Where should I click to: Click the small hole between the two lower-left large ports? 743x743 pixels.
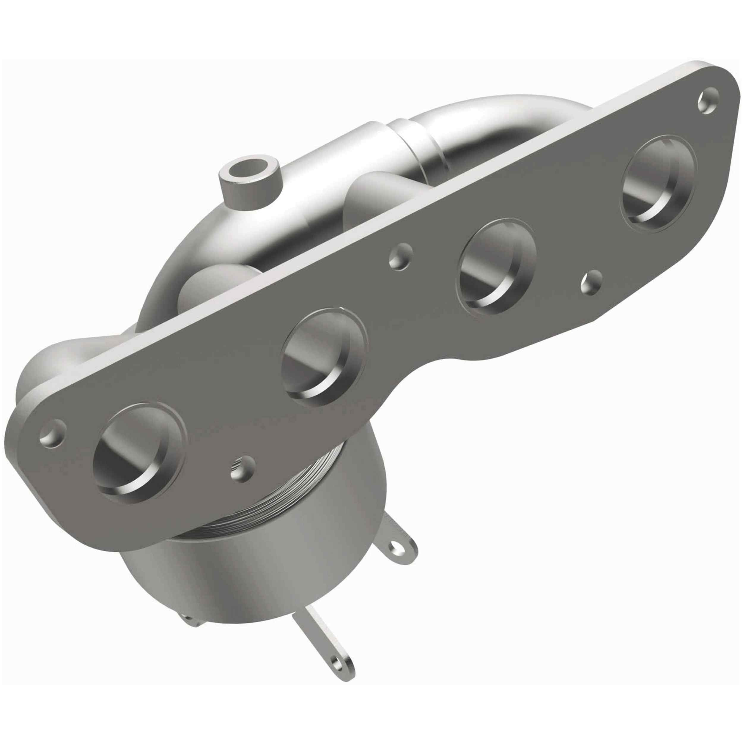coord(242,469)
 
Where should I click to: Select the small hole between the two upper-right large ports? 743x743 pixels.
coord(591,283)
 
